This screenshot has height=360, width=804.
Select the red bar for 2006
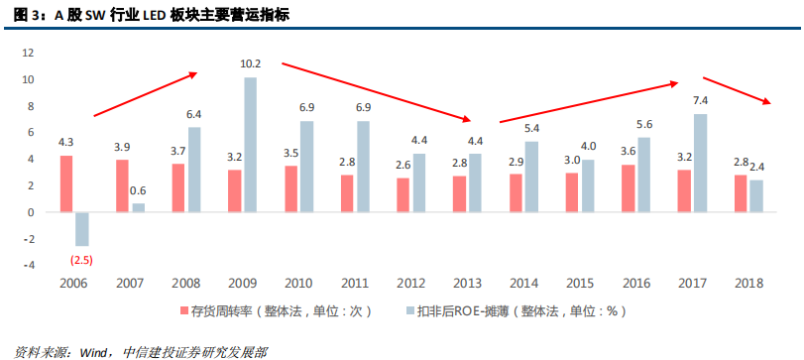coord(66,183)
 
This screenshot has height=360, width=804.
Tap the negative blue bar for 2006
coord(82,229)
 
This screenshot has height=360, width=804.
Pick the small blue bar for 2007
coord(138,207)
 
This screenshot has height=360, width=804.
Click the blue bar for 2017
coord(700,163)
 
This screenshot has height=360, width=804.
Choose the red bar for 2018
coord(741,193)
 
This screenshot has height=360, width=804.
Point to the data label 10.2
coord(251,64)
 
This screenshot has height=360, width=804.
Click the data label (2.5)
coord(81,260)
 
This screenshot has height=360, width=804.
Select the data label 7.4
coord(700,101)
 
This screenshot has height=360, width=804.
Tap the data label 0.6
coord(138,191)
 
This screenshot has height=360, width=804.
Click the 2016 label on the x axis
coord(636,284)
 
